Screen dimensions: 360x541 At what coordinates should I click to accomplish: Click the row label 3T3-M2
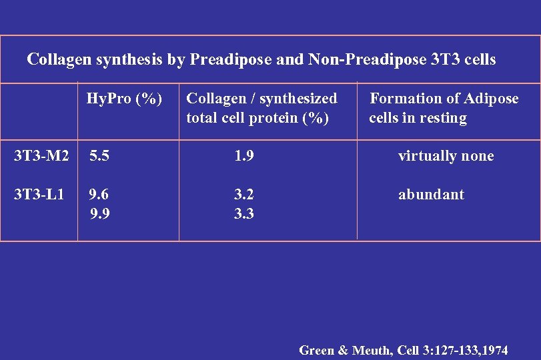point(41,157)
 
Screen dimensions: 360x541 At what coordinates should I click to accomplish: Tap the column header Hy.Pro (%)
point(124,99)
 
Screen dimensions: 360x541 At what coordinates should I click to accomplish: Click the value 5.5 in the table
point(100,157)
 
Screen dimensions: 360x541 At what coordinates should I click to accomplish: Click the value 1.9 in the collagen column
point(244,157)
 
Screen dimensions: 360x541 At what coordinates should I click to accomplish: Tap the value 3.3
point(244,215)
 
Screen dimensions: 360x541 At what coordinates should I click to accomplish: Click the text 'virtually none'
point(446,157)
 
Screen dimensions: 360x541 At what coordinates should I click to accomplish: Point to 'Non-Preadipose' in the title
point(366,60)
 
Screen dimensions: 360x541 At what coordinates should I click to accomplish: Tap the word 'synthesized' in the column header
point(298,99)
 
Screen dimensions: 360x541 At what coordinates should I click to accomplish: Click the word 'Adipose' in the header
point(492,99)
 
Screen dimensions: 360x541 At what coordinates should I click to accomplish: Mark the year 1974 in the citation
point(494,350)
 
